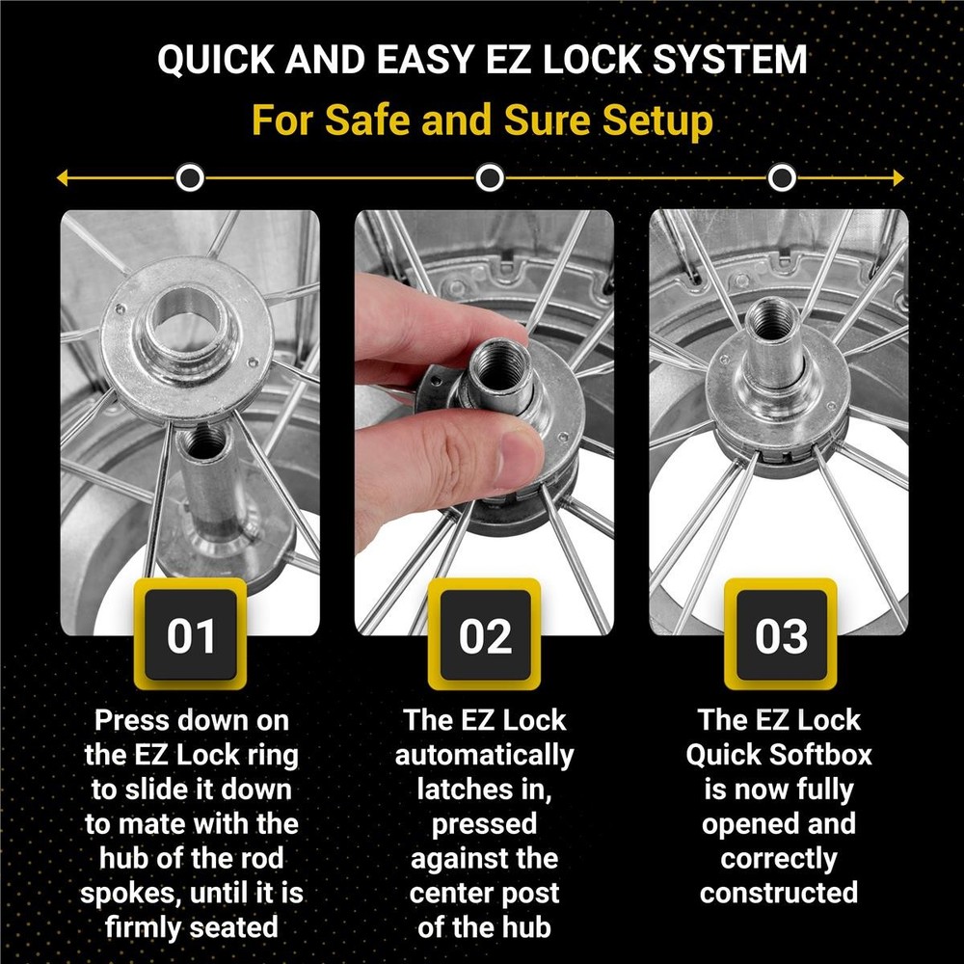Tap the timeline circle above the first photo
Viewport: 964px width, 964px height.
[x=191, y=178]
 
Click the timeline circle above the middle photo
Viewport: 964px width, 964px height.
[x=490, y=178]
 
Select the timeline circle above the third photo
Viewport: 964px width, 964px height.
[x=783, y=178]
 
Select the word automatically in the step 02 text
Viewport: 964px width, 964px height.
[x=484, y=755]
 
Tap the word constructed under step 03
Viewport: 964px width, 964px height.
[x=779, y=893]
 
